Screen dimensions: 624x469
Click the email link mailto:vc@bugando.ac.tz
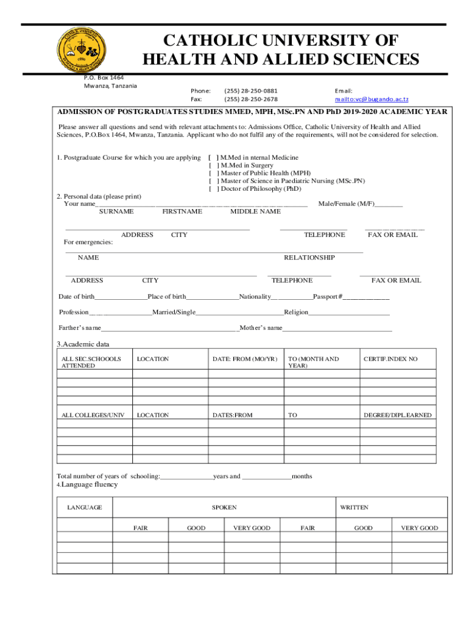(x=372, y=99)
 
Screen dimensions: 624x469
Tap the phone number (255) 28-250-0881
(x=250, y=90)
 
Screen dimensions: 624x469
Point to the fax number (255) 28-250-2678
(x=250, y=99)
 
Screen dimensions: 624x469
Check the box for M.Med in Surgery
(x=214, y=165)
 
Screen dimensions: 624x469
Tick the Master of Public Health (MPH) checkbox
(x=214, y=173)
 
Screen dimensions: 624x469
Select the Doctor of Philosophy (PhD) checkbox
(x=214, y=189)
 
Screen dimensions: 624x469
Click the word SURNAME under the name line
(x=116, y=211)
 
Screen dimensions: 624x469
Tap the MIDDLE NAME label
(x=255, y=211)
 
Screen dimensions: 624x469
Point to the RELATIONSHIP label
(x=309, y=258)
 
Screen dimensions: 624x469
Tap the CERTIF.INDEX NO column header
(x=390, y=359)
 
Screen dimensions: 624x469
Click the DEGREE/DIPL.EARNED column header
(x=397, y=415)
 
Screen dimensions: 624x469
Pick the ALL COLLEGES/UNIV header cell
(x=93, y=415)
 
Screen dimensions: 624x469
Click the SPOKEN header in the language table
(x=224, y=507)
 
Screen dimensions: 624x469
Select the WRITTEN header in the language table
(x=354, y=507)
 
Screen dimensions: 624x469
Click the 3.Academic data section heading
(x=83, y=344)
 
